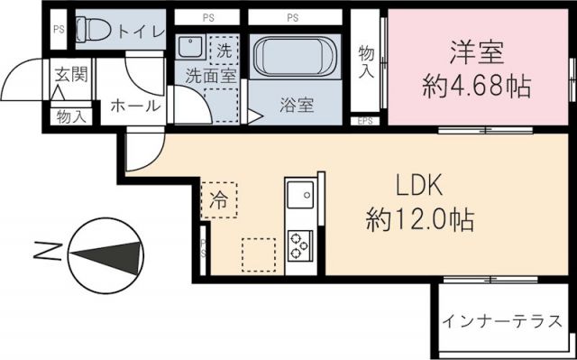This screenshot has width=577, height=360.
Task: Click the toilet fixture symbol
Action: tap(93, 30)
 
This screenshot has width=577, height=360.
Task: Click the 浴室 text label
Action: tap(296, 105)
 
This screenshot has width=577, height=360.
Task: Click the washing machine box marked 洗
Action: tap(224, 49)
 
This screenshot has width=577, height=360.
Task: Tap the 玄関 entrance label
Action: tap(70, 73)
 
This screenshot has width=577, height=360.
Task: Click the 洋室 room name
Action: tap(476, 51)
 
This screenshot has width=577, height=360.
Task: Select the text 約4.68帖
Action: tap(476, 87)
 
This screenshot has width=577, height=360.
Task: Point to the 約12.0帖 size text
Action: tap(420, 217)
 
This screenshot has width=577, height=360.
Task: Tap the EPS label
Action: tap(366, 120)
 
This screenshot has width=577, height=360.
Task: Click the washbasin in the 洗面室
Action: tap(190, 49)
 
